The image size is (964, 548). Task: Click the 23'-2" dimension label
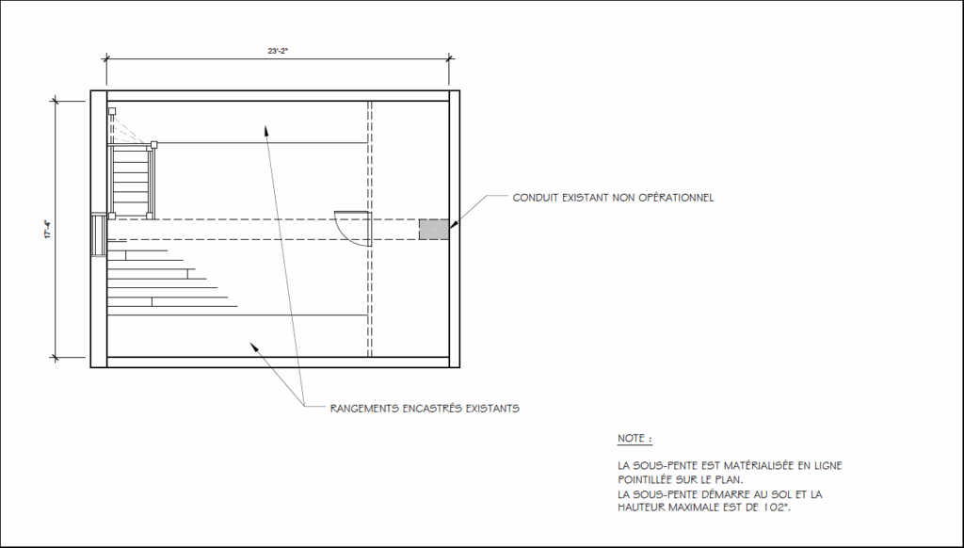tap(278, 51)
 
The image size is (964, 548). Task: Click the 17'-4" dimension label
tap(47, 230)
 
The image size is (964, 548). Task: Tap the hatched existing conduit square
tap(434, 230)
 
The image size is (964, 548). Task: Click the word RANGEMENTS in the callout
tap(364, 408)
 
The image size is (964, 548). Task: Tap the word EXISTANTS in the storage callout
tap(492, 408)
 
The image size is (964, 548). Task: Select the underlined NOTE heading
tap(635, 439)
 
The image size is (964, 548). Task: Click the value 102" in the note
tap(776, 508)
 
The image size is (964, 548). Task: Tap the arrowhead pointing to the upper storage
tap(266, 130)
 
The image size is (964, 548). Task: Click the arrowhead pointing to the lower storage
tap(254, 347)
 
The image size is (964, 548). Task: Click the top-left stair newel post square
tap(112, 111)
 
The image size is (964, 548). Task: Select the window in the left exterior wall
tap(98, 235)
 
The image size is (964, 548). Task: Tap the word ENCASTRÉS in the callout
tap(432, 408)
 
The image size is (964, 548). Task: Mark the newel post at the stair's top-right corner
tap(153, 145)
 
